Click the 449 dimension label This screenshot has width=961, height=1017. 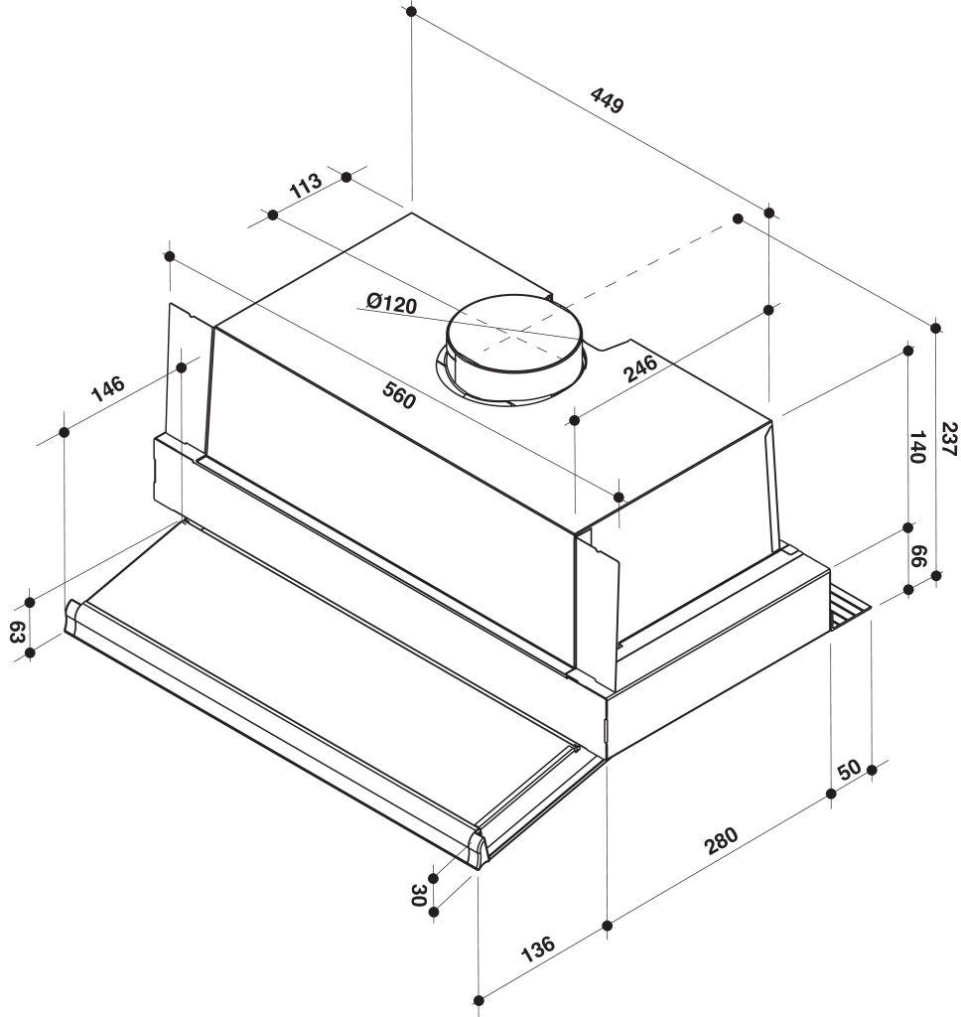click(x=607, y=100)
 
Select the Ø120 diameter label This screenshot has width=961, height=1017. click(x=390, y=303)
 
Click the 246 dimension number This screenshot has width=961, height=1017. click(x=642, y=368)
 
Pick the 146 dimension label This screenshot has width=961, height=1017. click(x=108, y=388)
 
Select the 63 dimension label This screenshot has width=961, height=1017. click(x=17, y=632)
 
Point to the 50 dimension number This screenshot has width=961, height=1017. click(x=849, y=770)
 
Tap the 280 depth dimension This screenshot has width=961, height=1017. click(x=721, y=841)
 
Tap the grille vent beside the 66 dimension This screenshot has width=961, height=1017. click(x=850, y=607)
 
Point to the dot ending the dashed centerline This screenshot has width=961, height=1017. click(x=738, y=218)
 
